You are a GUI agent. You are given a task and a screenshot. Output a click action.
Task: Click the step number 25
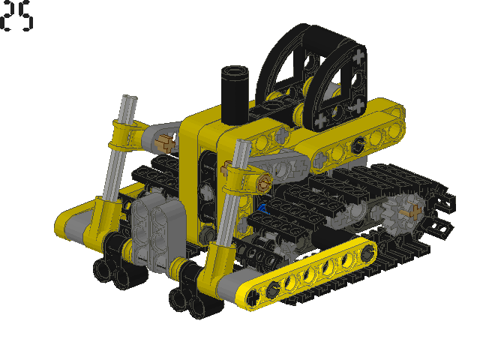coord(16,16)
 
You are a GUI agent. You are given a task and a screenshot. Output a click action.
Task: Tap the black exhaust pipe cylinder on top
coord(235,95)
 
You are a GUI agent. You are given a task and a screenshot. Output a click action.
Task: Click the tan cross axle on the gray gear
coord(412,212)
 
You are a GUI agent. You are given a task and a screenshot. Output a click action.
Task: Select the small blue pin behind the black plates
coord(262,209)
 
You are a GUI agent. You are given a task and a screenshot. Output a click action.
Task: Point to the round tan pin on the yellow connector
coord(264,183)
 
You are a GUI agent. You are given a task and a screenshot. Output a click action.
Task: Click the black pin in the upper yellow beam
coord(358,145)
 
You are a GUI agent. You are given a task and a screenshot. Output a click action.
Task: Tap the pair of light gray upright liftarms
coord(158,232)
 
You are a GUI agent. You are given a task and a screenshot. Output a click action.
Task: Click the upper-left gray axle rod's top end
coord(130,98)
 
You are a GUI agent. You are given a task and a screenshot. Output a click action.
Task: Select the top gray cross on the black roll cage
coord(358,57)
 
